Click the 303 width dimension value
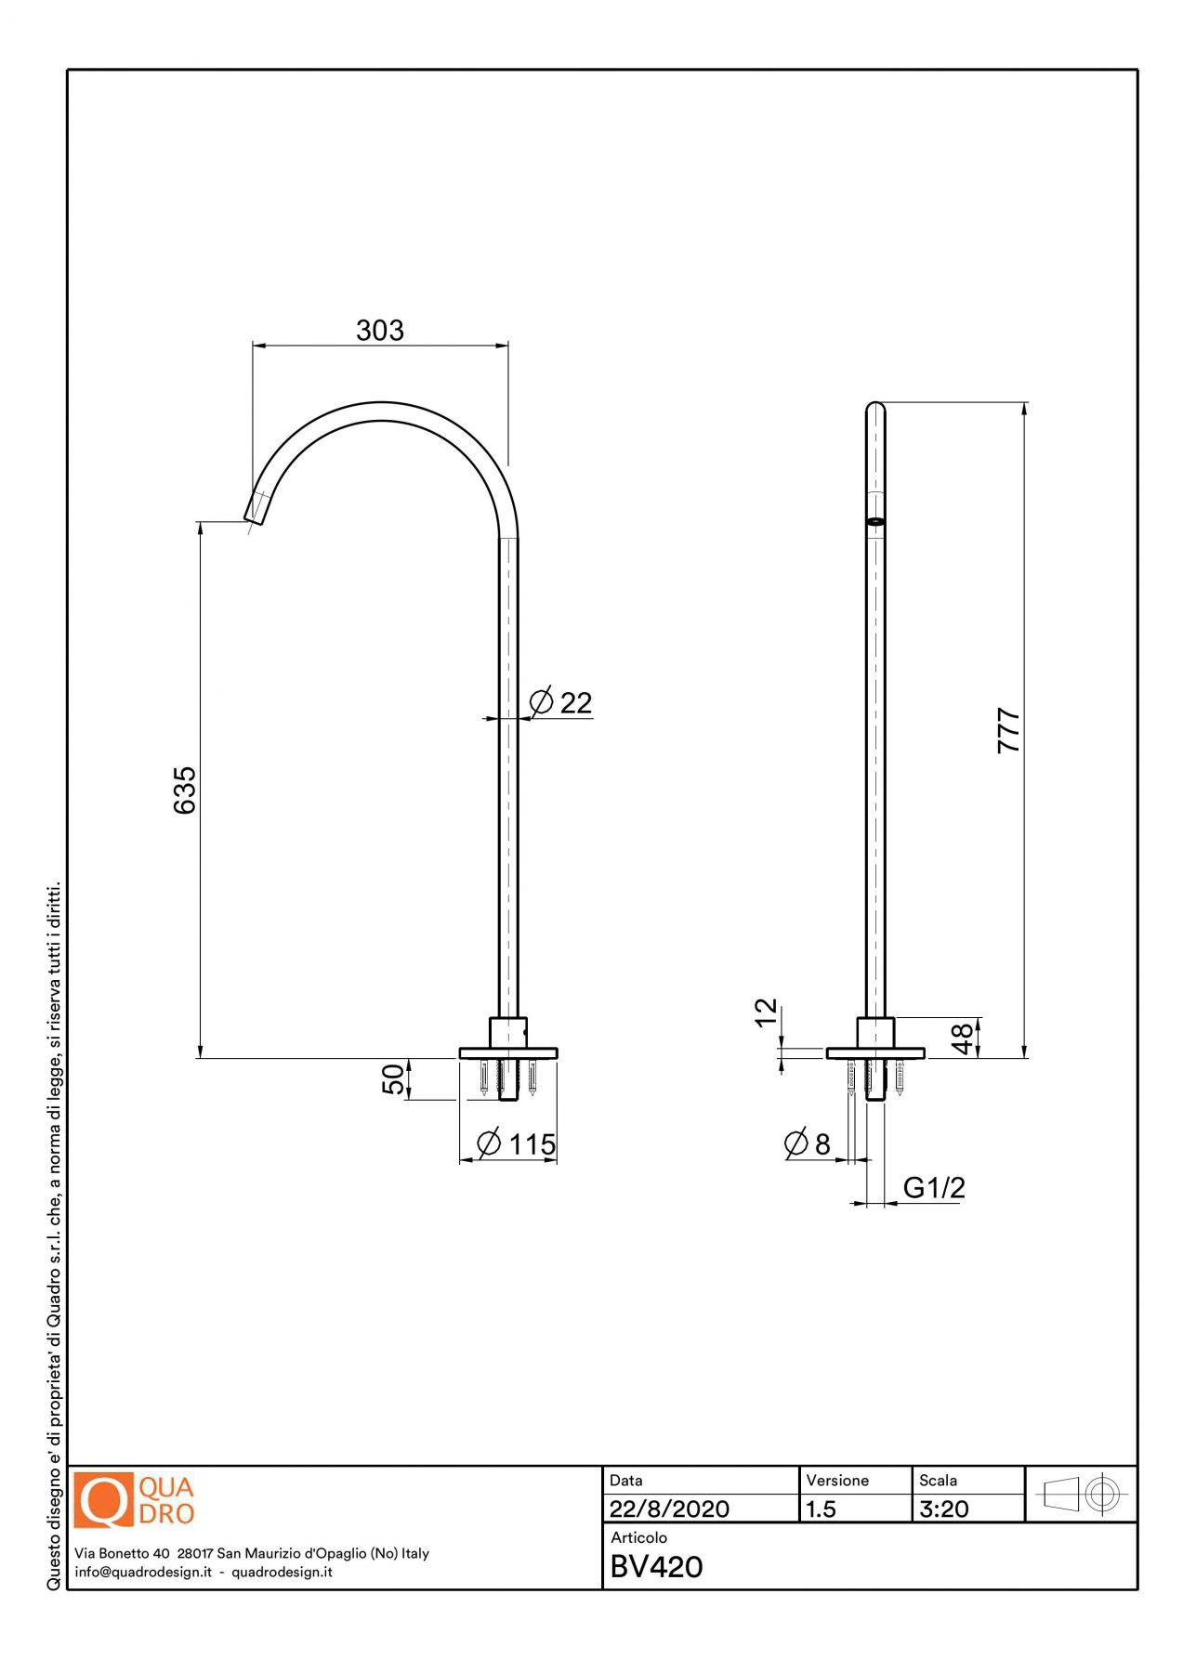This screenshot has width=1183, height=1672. pyautogui.click(x=380, y=331)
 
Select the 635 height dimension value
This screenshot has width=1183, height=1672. pyautogui.click(x=185, y=790)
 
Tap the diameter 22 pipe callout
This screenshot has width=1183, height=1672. pyautogui.click(x=559, y=702)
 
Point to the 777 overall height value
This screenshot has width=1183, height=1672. pyautogui.click(x=1008, y=730)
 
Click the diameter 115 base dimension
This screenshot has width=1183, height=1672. pyautogui.click(x=516, y=1143)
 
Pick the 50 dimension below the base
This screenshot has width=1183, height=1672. pyautogui.click(x=393, y=1079)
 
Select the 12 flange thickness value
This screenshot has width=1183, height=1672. pyautogui.click(x=765, y=1012)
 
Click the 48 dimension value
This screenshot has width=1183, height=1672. pyautogui.click(x=963, y=1038)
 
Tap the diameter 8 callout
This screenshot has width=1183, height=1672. pyautogui.click(x=807, y=1143)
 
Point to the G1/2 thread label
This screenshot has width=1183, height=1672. pyautogui.click(x=934, y=1187)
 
